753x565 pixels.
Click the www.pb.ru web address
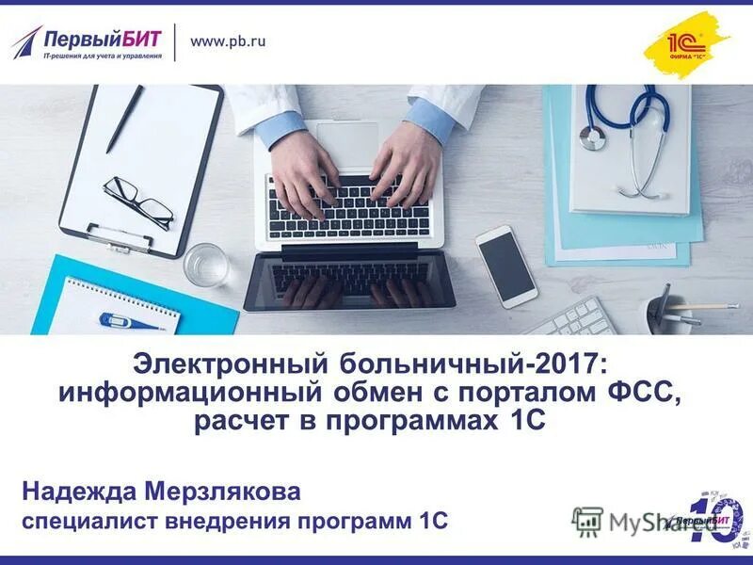(x=228, y=41)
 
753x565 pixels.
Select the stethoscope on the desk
(x=625, y=132)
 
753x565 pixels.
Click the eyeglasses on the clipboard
(x=138, y=200)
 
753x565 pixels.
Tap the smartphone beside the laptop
(x=505, y=266)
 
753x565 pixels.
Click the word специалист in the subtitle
(x=90, y=521)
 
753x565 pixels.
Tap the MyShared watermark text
(x=649, y=523)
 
